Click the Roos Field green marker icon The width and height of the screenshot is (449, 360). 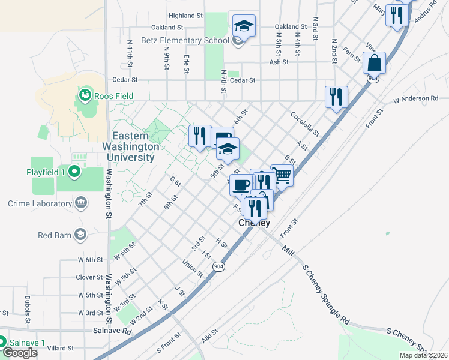click(x=85, y=95)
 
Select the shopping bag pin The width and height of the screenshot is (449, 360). click(x=374, y=62)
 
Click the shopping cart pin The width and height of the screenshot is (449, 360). click(x=282, y=175)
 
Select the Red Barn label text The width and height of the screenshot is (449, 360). click(x=54, y=235)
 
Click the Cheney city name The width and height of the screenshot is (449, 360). click(x=255, y=223)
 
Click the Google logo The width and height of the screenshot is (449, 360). click(x=20, y=353)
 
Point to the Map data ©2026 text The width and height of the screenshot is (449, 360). click(x=423, y=355)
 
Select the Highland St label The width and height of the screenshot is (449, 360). click(x=182, y=16)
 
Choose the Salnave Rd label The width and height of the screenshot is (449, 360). click(x=112, y=331)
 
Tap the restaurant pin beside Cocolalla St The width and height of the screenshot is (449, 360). click(x=336, y=97)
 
